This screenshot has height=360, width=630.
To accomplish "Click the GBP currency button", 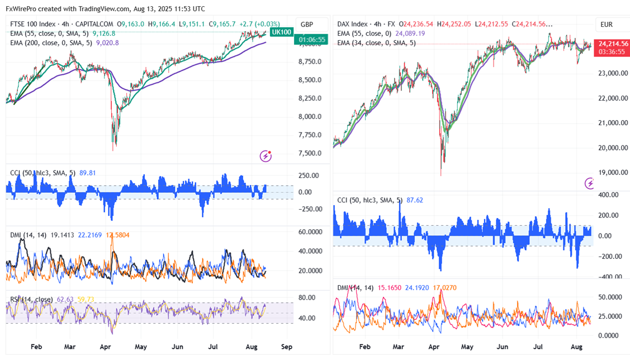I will click(x=307, y=25).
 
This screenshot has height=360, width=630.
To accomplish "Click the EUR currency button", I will click(x=607, y=25).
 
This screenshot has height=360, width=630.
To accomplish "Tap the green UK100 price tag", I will click(x=281, y=32).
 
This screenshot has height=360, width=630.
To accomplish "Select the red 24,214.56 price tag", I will click(x=613, y=44).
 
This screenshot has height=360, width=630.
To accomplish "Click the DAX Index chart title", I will click(x=352, y=24).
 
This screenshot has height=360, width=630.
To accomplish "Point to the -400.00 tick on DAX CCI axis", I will click(x=608, y=277).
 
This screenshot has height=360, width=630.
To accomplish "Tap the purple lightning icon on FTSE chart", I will click(x=267, y=156).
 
